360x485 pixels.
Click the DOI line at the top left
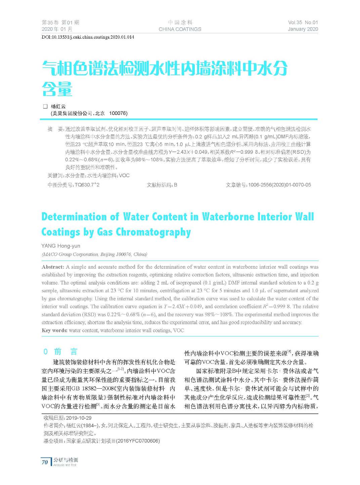point(88,37)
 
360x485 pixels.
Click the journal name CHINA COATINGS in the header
point(180,29)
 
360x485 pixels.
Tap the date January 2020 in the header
point(303,29)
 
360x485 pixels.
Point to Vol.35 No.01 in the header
point(303,23)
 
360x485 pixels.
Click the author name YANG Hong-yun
point(61,246)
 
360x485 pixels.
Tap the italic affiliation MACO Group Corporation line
point(94,254)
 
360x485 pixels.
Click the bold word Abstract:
point(53,267)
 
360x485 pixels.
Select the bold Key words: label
point(54,330)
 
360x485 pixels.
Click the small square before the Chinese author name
point(45,106)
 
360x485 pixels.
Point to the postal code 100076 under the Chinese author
point(118,114)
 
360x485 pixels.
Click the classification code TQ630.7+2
point(87,185)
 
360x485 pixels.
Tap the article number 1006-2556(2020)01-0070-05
point(279,185)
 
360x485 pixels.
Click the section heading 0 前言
point(60,352)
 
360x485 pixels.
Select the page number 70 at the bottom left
point(45,462)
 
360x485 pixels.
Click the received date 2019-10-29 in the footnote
point(79,418)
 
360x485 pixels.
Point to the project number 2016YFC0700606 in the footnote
point(138,441)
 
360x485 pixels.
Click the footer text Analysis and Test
point(65,465)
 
